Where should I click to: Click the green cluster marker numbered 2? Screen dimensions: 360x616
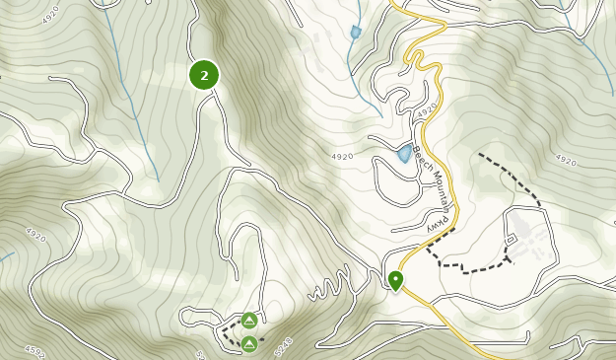click(x=204, y=75)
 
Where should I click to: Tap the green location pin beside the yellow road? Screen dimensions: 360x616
click(x=395, y=280)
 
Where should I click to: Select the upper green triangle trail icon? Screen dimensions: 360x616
click(x=249, y=321)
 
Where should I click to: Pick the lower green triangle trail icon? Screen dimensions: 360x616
click(x=249, y=343)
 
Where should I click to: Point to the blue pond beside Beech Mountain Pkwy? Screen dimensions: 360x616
click(x=404, y=154)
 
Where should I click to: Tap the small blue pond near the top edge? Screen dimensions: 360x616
click(x=355, y=33)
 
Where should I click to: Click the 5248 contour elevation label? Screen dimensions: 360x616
click(x=283, y=346)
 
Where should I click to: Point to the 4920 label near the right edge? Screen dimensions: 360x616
click(x=566, y=160)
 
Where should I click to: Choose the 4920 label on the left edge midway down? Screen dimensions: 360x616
click(x=35, y=235)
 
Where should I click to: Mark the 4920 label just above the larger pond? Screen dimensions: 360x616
click(x=426, y=113)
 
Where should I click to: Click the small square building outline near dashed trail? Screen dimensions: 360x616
click(x=510, y=240)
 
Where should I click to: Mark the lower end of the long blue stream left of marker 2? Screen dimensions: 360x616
click(x=158, y=180)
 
